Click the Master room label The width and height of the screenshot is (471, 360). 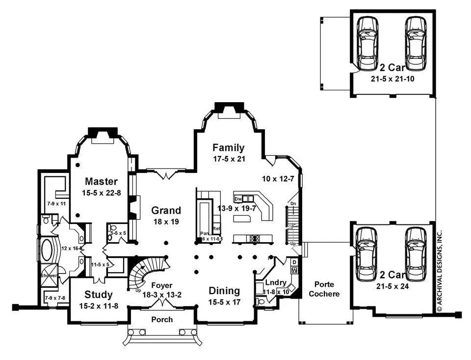(101, 181)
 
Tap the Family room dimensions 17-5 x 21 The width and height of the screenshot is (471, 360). (228, 159)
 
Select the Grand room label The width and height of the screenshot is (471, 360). (166, 211)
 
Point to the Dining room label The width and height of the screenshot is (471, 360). (224, 290)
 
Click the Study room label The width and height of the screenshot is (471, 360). (99, 295)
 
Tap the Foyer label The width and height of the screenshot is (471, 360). (161, 285)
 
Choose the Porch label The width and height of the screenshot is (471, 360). (162, 319)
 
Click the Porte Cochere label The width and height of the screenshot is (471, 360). (324, 289)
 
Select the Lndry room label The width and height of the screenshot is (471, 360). (275, 283)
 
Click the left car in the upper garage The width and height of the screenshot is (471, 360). (366, 44)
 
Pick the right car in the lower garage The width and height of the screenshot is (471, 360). (415, 251)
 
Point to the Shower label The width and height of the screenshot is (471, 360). (50, 276)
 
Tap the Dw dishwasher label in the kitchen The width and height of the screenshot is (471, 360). (237, 199)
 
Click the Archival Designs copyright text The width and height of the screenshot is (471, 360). (440, 270)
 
